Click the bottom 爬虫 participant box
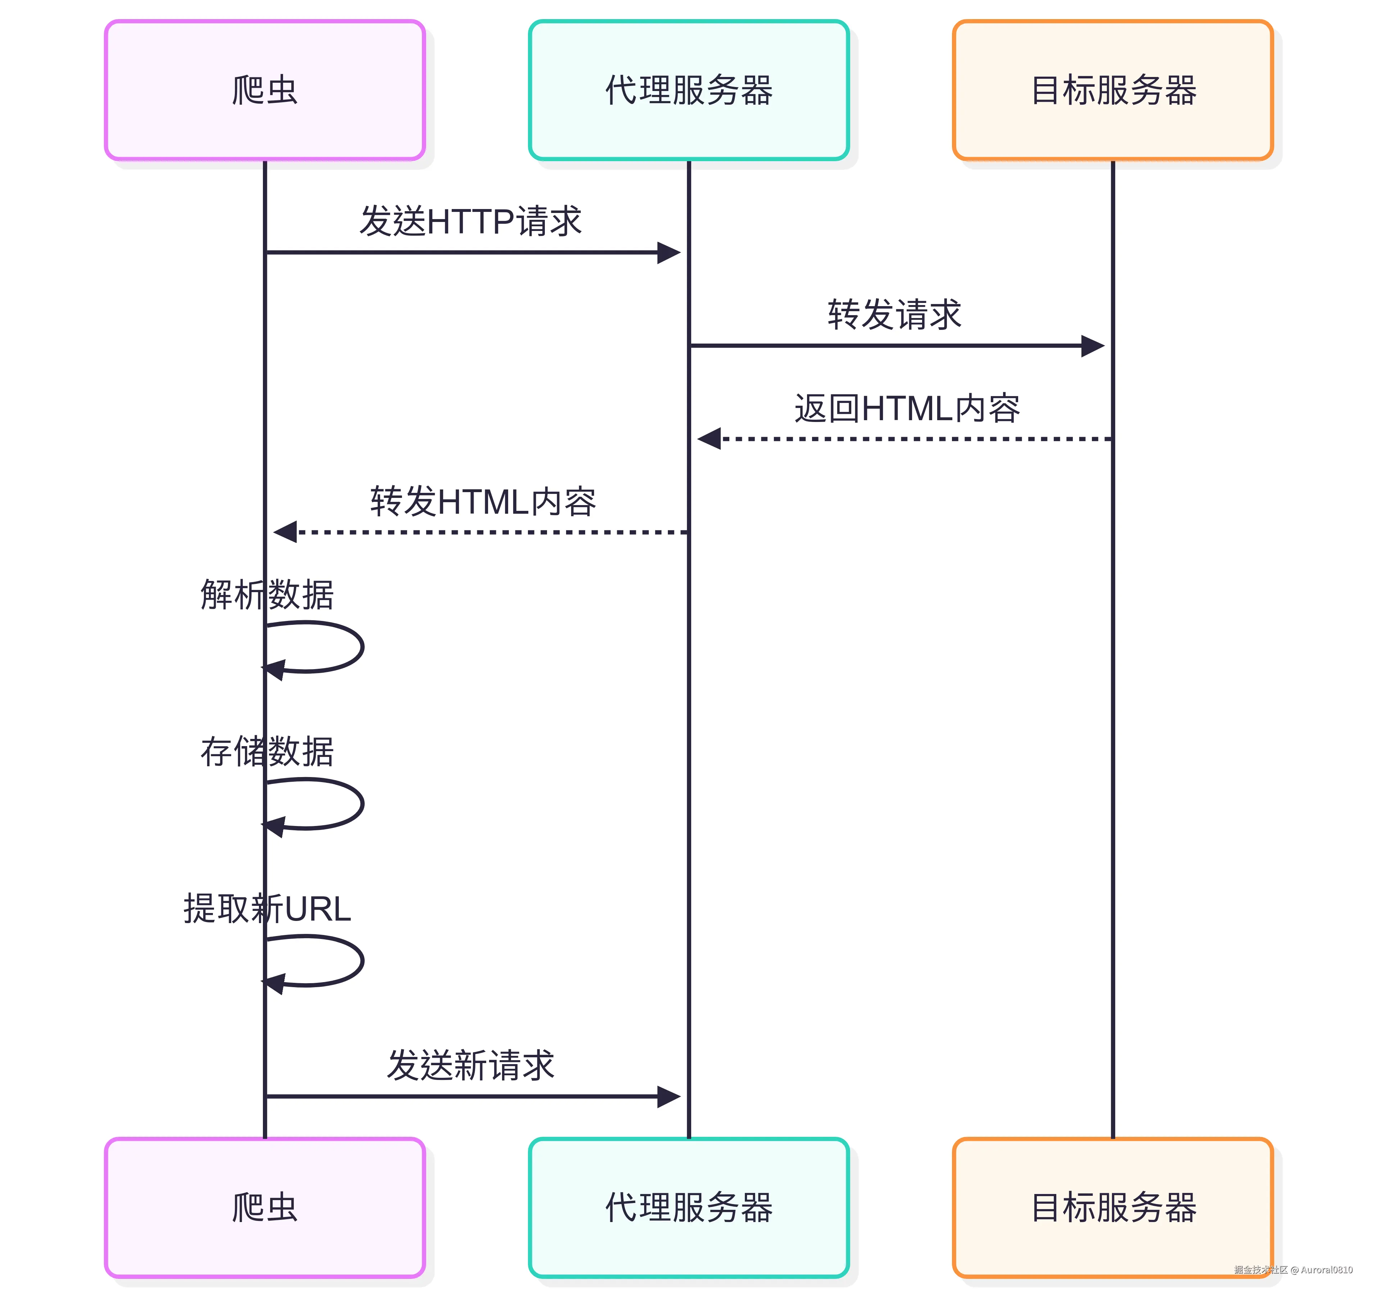click(265, 1208)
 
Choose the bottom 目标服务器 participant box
click(1113, 1208)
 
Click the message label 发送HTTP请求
click(470, 221)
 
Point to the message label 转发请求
click(895, 314)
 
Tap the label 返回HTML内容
click(907, 408)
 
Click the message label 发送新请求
click(470, 1065)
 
